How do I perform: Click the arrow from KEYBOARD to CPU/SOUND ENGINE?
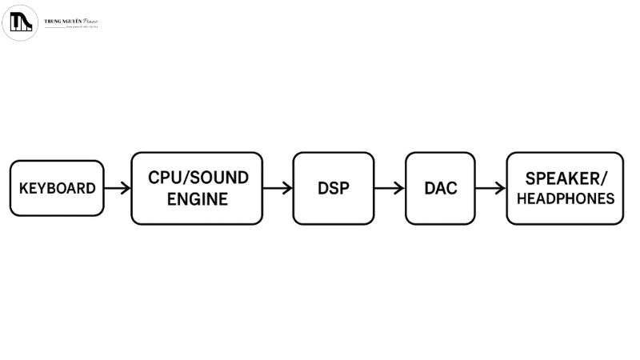coord(117,189)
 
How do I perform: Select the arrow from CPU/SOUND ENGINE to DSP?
coord(278,189)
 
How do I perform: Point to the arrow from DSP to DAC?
coord(390,189)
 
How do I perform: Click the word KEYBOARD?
coord(57,189)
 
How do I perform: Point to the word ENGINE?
coord(197,199)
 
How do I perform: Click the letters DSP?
coord(334,189)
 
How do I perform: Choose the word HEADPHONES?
coord(566,198)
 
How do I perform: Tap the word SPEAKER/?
coord(566,178)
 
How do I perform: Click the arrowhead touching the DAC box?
coord(400,189)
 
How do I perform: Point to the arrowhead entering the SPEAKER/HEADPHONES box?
coord(501,189)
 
